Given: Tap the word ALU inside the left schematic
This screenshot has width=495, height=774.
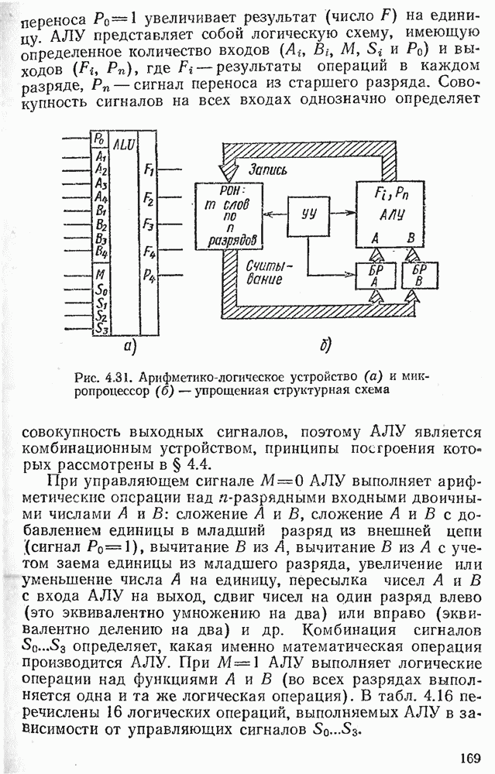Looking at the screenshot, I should point(123,144).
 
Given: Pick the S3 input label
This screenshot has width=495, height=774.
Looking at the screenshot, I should point(100,327).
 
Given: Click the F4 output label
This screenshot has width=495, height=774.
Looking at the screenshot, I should point(149,252).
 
